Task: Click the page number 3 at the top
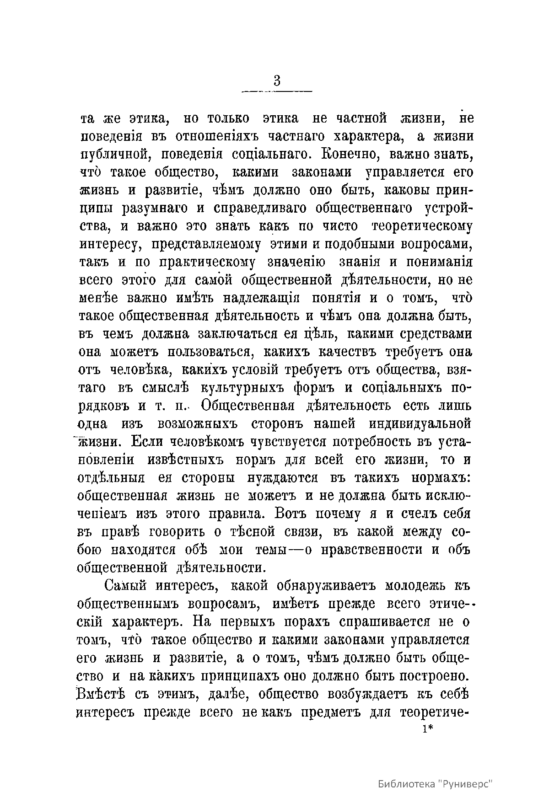tap(277, 81)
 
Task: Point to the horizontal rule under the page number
tap(277, 92)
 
